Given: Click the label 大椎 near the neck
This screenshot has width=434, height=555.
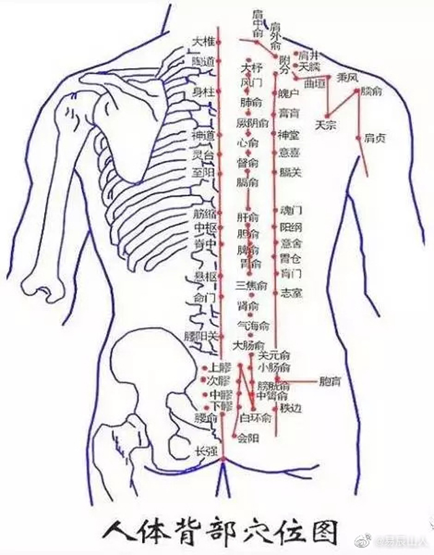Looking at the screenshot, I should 203,42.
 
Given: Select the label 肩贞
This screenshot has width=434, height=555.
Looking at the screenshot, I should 374,139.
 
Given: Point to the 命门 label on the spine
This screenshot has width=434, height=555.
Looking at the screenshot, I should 204,298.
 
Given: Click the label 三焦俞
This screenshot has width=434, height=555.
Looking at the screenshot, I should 251,286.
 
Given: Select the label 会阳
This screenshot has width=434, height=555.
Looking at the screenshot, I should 248,438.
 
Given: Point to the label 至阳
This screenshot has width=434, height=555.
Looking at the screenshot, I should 203,173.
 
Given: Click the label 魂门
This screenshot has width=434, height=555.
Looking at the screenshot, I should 291,211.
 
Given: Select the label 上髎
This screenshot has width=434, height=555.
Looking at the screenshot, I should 220,367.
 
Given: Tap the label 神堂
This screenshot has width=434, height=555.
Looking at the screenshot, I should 288,134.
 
